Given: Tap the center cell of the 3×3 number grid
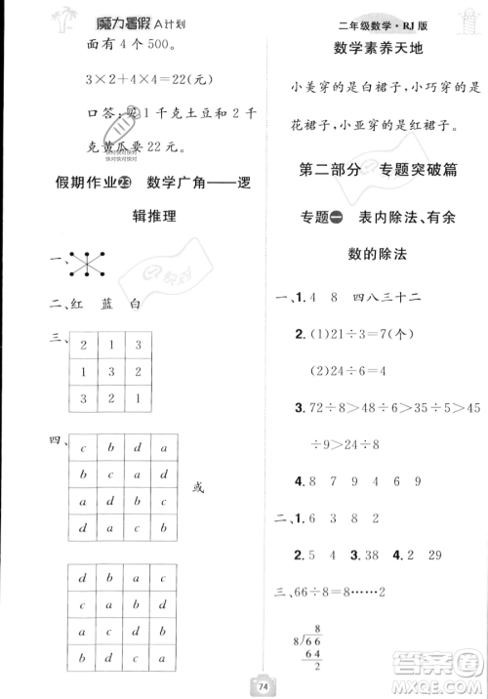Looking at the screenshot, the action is tap(108, 373).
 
